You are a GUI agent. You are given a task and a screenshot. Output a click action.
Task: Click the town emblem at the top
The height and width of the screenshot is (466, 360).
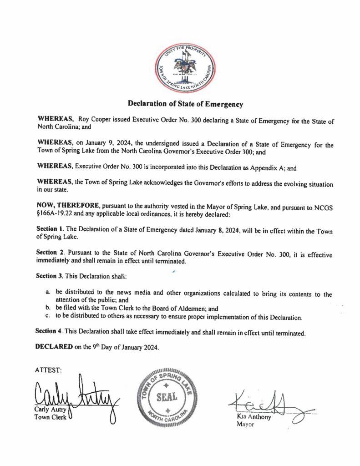click(184, 67)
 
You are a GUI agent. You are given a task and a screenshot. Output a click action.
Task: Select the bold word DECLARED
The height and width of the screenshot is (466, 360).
click(53, 348)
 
